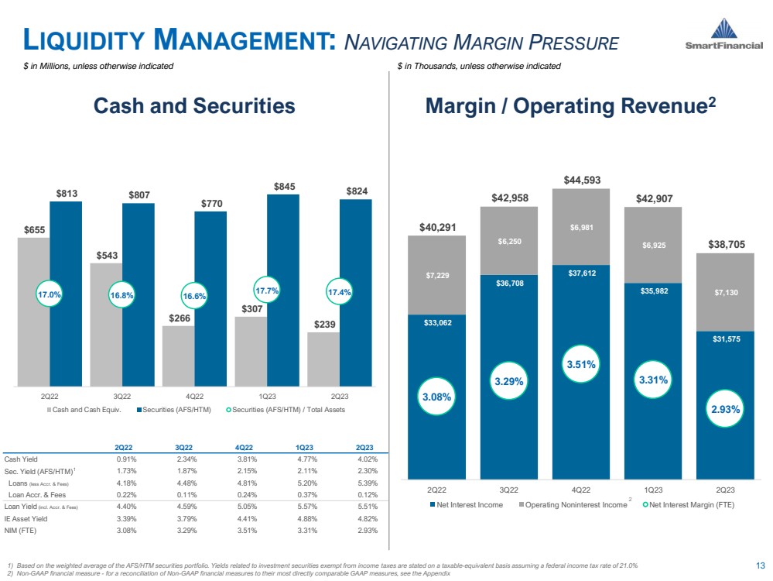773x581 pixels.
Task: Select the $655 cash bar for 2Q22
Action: pos(33,311)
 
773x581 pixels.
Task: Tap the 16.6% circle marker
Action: pos(194,297)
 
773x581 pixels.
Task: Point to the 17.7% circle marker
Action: pos(267,290)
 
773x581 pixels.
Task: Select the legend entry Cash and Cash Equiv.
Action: pos(89,409)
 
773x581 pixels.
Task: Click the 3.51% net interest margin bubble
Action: pos(581,363)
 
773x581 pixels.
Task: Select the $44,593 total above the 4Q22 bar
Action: pos(581,181)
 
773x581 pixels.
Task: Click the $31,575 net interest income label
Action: pos(725,338)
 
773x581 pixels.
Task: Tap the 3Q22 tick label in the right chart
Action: pos(508,490)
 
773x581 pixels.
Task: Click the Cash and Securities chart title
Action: pos(194,106)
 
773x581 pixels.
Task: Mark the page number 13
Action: pos(758,565)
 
